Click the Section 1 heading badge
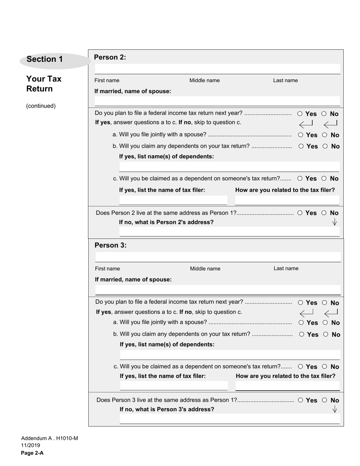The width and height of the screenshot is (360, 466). pos(45,59)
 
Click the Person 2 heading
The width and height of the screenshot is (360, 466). pos(110,57)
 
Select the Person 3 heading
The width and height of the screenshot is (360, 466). pos(110,245)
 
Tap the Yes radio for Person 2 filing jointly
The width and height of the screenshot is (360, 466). pos(301,135)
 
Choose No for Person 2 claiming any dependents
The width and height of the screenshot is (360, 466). pos(325,146)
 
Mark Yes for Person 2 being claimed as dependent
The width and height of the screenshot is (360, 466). pos(300,178)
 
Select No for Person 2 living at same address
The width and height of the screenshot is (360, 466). pos(324,213)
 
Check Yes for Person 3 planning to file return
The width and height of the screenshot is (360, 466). pos(301,303)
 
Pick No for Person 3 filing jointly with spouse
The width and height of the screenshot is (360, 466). pos(326,323)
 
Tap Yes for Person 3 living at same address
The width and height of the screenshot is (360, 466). pos(301,400)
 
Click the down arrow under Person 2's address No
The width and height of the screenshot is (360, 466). pos(334,222)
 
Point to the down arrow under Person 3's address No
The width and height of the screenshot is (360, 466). pos(334,409)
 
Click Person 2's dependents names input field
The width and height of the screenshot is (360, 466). pos(229,167)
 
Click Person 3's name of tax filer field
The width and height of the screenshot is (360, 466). pos(174,386)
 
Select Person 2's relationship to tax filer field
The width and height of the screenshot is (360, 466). pos(287,200)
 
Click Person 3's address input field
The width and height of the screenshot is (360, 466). pos(229,419)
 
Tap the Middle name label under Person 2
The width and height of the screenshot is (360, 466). pos(204,80)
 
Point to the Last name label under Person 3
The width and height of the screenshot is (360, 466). pos(286,268)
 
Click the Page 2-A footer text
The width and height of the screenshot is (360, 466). pos(32,453)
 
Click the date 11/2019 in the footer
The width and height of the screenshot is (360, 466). pos(30,446)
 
